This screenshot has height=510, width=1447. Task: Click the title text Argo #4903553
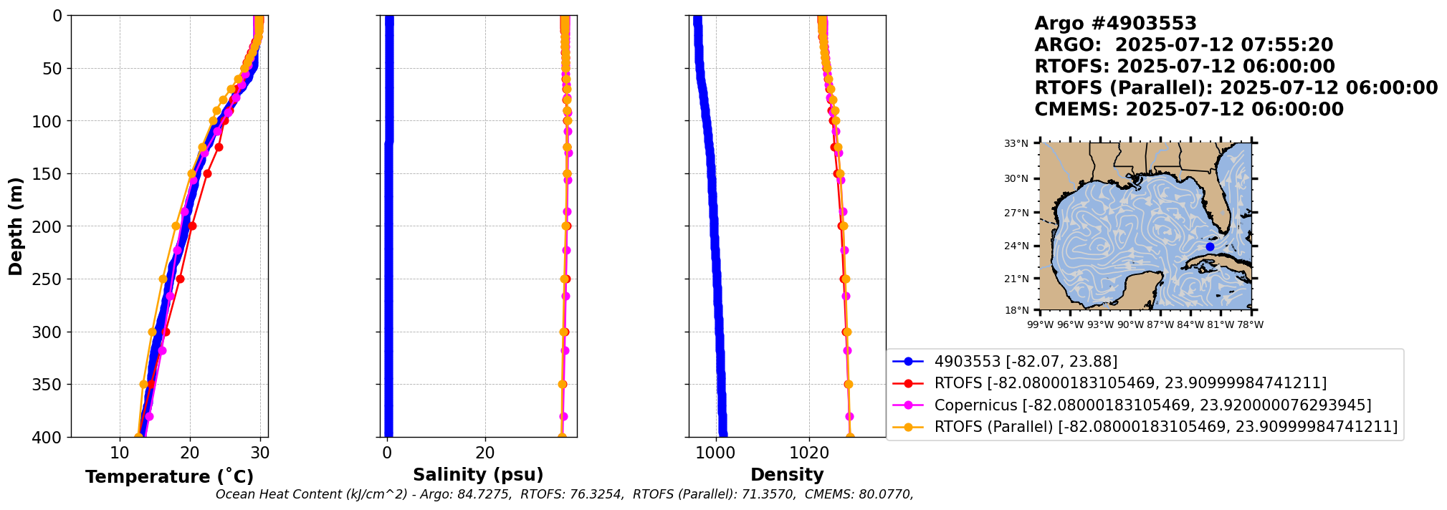(x=1115, y=24)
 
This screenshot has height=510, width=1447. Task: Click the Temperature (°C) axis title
(x=169, y=476)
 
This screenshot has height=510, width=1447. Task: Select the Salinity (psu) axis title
(x=478, y=474)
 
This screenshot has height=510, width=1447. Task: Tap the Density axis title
(x=787, y=474)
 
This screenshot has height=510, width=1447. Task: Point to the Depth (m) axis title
(x=15, y=226)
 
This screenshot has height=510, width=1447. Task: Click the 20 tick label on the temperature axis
(x=190, y=453)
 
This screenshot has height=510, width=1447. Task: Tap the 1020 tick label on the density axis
(x=809, y=453)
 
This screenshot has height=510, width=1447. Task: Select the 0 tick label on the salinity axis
(x=387, y=453)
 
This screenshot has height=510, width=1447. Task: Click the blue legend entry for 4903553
(x=1026, y=362)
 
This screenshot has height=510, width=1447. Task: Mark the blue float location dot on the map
(x=1210, y=246)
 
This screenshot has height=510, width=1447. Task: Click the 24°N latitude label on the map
(x=1016, y=246)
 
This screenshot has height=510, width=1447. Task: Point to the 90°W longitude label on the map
(x=1130, y=325)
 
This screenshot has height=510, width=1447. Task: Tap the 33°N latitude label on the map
(x=1016, y=144)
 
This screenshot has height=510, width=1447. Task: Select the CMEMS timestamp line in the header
(x=1188, y=110)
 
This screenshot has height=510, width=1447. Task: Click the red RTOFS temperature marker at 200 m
(x=192, y=226)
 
